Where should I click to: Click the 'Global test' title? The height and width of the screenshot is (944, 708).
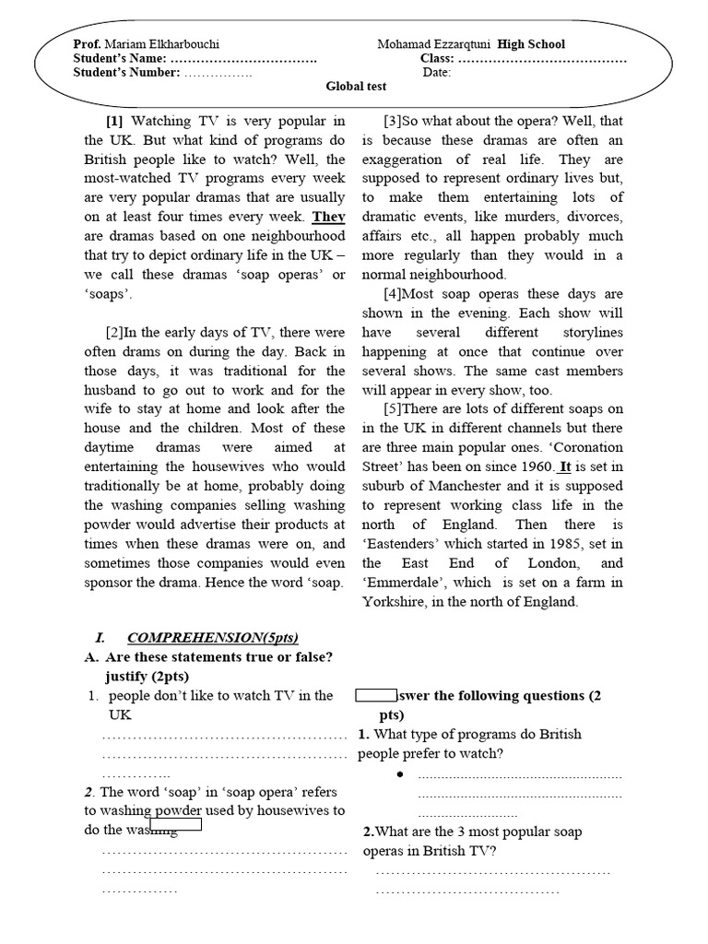pyautogui.click(x=357, y=87)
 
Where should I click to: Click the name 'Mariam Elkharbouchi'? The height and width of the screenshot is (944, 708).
pyautogui.click(x=162, y=44)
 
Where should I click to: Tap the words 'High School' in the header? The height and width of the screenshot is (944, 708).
pyautogui.click(x=532, y=44)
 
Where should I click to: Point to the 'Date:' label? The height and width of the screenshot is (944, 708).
pyautogui.click(x=437, y=73)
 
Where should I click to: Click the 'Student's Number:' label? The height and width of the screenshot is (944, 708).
pyautogui.click(x=126, y=73)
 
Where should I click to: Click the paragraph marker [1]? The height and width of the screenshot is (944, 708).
pyautogui.click(x=114, y=121)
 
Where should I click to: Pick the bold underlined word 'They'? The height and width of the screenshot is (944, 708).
pyautogui.click(x=328, y=217)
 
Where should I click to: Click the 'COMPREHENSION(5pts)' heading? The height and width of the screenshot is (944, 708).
pyautogui.click(x=213, y=638)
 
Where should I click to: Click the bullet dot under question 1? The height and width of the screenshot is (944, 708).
pyautogui.click(x=400, y=773)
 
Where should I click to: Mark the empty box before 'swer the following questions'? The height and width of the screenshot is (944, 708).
pyautogui.click(x=375, y=695)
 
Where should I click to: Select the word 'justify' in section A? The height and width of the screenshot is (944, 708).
pyautogui.click(x=132, y=676)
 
